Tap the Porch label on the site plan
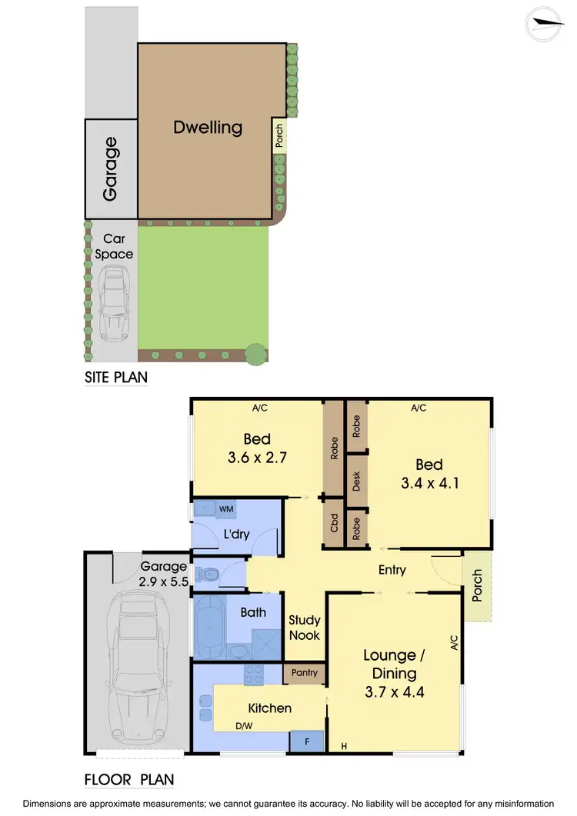click(278, 137)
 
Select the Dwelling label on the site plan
click(208, 127)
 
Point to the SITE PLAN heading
click(115, 378)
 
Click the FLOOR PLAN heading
click(128, 779)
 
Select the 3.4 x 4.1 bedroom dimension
click(429, 484)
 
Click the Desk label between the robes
click(356, 481)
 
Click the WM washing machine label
click(226, 509)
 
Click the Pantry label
click(305, 674)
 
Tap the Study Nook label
click(304, 628)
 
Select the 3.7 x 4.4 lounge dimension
click(395, 691)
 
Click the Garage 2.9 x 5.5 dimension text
click(162, 582)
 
